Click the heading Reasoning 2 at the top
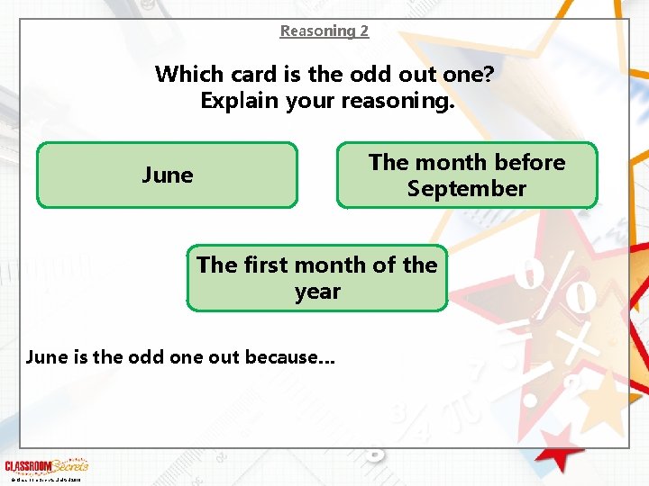[x=324, y=31]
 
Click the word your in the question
[x=311, y=100]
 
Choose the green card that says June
[x=167, y=175]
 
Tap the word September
[x=466, y=189]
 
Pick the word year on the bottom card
[x=317, y=292]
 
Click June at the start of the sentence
[x=43, y=356]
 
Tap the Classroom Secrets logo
[x=46, y=466]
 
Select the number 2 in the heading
[x=363, y=31]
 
